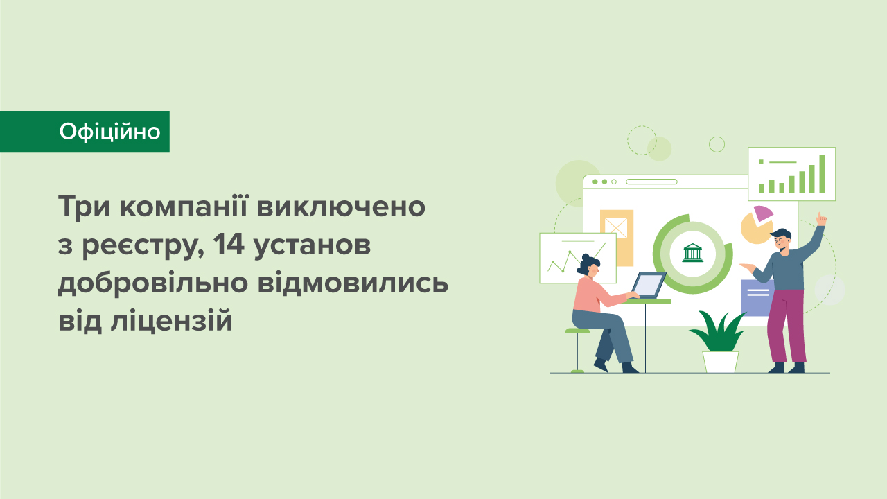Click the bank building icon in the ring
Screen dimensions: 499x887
[x=692, y=253]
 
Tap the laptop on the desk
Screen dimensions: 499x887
[x=647, y=285]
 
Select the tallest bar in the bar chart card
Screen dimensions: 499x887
[x=822, y=173]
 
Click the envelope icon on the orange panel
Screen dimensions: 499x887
[x=615, y=227]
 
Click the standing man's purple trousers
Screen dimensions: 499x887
[x=787, y=326]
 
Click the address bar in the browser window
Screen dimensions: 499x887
[x=651, y=182]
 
